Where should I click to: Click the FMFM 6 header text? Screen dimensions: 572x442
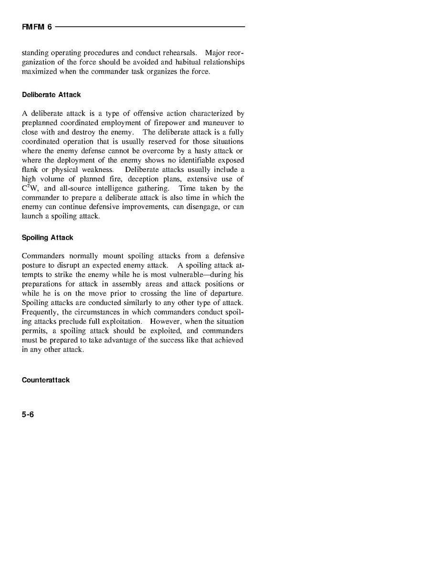37,27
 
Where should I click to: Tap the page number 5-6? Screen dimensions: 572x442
28,414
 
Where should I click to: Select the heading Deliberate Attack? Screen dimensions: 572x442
51,95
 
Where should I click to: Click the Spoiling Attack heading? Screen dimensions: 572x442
47,238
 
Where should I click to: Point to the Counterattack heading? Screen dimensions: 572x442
46,380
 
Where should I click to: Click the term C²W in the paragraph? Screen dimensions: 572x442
30,189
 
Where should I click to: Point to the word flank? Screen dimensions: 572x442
30,170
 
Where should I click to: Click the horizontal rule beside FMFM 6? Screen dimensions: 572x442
150,27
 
